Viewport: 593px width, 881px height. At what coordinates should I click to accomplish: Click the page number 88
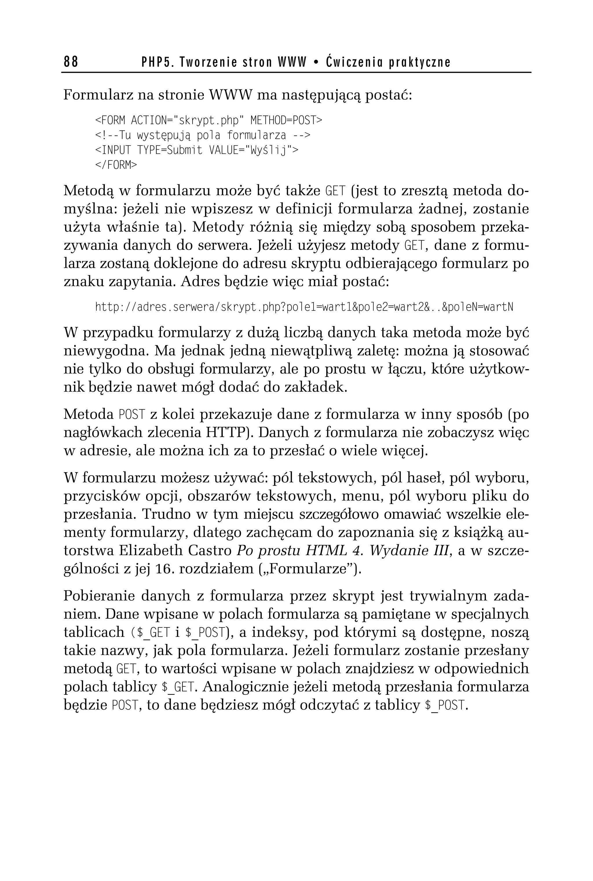(x=71, y=61)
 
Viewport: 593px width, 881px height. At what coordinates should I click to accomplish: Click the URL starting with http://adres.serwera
(x=304, y=307)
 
